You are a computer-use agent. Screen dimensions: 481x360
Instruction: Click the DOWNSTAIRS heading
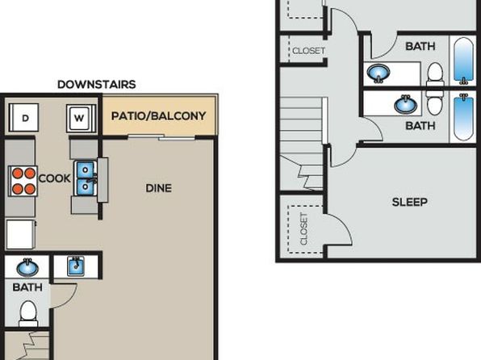(97, 85)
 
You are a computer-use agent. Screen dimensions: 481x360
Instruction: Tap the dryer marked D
(24, 118)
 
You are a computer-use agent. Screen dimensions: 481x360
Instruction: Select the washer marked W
(81, 118)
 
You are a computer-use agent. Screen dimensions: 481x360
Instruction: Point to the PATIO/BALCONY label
(158, 116)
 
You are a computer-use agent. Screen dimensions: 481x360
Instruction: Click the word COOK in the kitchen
(55, 178)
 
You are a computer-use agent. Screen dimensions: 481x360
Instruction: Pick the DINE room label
(159, 188)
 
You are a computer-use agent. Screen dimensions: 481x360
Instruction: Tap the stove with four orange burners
(23, 181)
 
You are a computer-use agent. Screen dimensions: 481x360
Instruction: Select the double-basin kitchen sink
(86, 178)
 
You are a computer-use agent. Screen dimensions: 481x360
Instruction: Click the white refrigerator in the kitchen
(21, 234)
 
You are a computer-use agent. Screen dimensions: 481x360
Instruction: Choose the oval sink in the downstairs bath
(27, 267)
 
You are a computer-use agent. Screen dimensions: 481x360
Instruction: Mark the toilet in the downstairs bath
(28, 313)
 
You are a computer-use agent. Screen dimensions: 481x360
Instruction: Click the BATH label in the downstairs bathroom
(27, 287)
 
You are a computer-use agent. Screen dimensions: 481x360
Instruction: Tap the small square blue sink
(76, 266)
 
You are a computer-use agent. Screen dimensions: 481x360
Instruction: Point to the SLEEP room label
(410, 202)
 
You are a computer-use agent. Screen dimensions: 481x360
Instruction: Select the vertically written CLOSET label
(303, 229)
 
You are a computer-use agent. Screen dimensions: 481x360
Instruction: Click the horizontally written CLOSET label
(308, 50)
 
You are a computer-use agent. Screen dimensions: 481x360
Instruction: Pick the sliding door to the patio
(161, 137)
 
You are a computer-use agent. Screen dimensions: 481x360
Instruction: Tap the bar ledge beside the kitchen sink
(102, 180)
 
